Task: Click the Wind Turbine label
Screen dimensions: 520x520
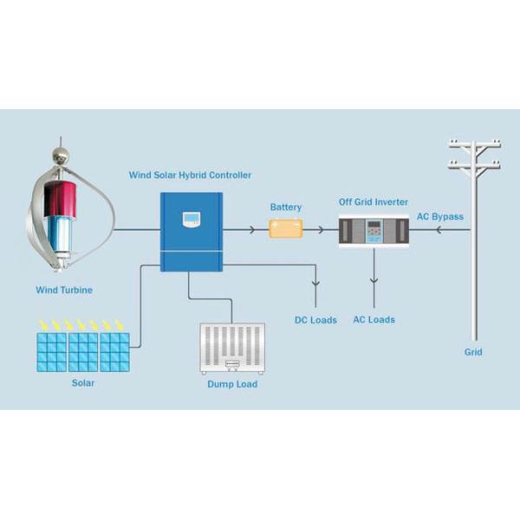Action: pos(64,290)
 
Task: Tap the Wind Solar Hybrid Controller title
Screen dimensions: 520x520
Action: pos(191,175)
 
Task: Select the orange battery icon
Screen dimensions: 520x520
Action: pos(285,229)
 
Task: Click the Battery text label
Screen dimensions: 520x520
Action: pos(286,208)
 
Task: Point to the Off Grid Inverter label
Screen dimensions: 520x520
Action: pos(373,202)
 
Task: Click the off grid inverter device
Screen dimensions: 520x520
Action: pos(374,232)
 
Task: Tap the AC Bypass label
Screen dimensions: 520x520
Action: pos(440,216)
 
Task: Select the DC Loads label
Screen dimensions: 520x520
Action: pos(315,321)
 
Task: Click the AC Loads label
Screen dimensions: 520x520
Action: pos(374,320)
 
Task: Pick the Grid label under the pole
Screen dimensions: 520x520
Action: pos(473,353)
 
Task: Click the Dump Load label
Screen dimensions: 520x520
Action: pos(231,384)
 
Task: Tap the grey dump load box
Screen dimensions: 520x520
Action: pos(231,349)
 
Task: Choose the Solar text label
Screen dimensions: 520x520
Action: pos(83,382)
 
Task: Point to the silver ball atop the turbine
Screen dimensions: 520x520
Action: pos(61,156)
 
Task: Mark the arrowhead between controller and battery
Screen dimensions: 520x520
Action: pos(252,230)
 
